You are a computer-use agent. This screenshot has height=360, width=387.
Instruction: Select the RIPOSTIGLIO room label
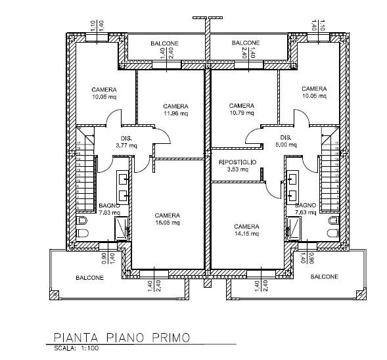pyautogui.click(x=238, y=162)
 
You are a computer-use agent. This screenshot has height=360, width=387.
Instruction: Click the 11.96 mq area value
pyautogui.click(x=176, y=113)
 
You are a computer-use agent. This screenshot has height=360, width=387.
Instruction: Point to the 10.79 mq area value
pyautogui.click(x=242, y=112)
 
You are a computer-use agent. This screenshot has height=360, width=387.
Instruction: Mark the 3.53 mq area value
pyautogui.click(x=238, y=169)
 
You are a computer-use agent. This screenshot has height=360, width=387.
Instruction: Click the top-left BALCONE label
pyautogui.click(x=164, y=43)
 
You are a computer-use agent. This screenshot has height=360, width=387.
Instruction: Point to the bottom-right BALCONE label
pyautogui.click(x=324, y=277)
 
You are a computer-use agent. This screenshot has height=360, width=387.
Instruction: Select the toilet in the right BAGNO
pyautogui.click(x=333, y=222)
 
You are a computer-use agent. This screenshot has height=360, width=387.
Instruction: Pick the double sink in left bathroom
pyautogui.click(x=124, y=185)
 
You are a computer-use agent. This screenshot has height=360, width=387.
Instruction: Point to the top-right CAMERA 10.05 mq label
pyautogui.click(x=314, y=89)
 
